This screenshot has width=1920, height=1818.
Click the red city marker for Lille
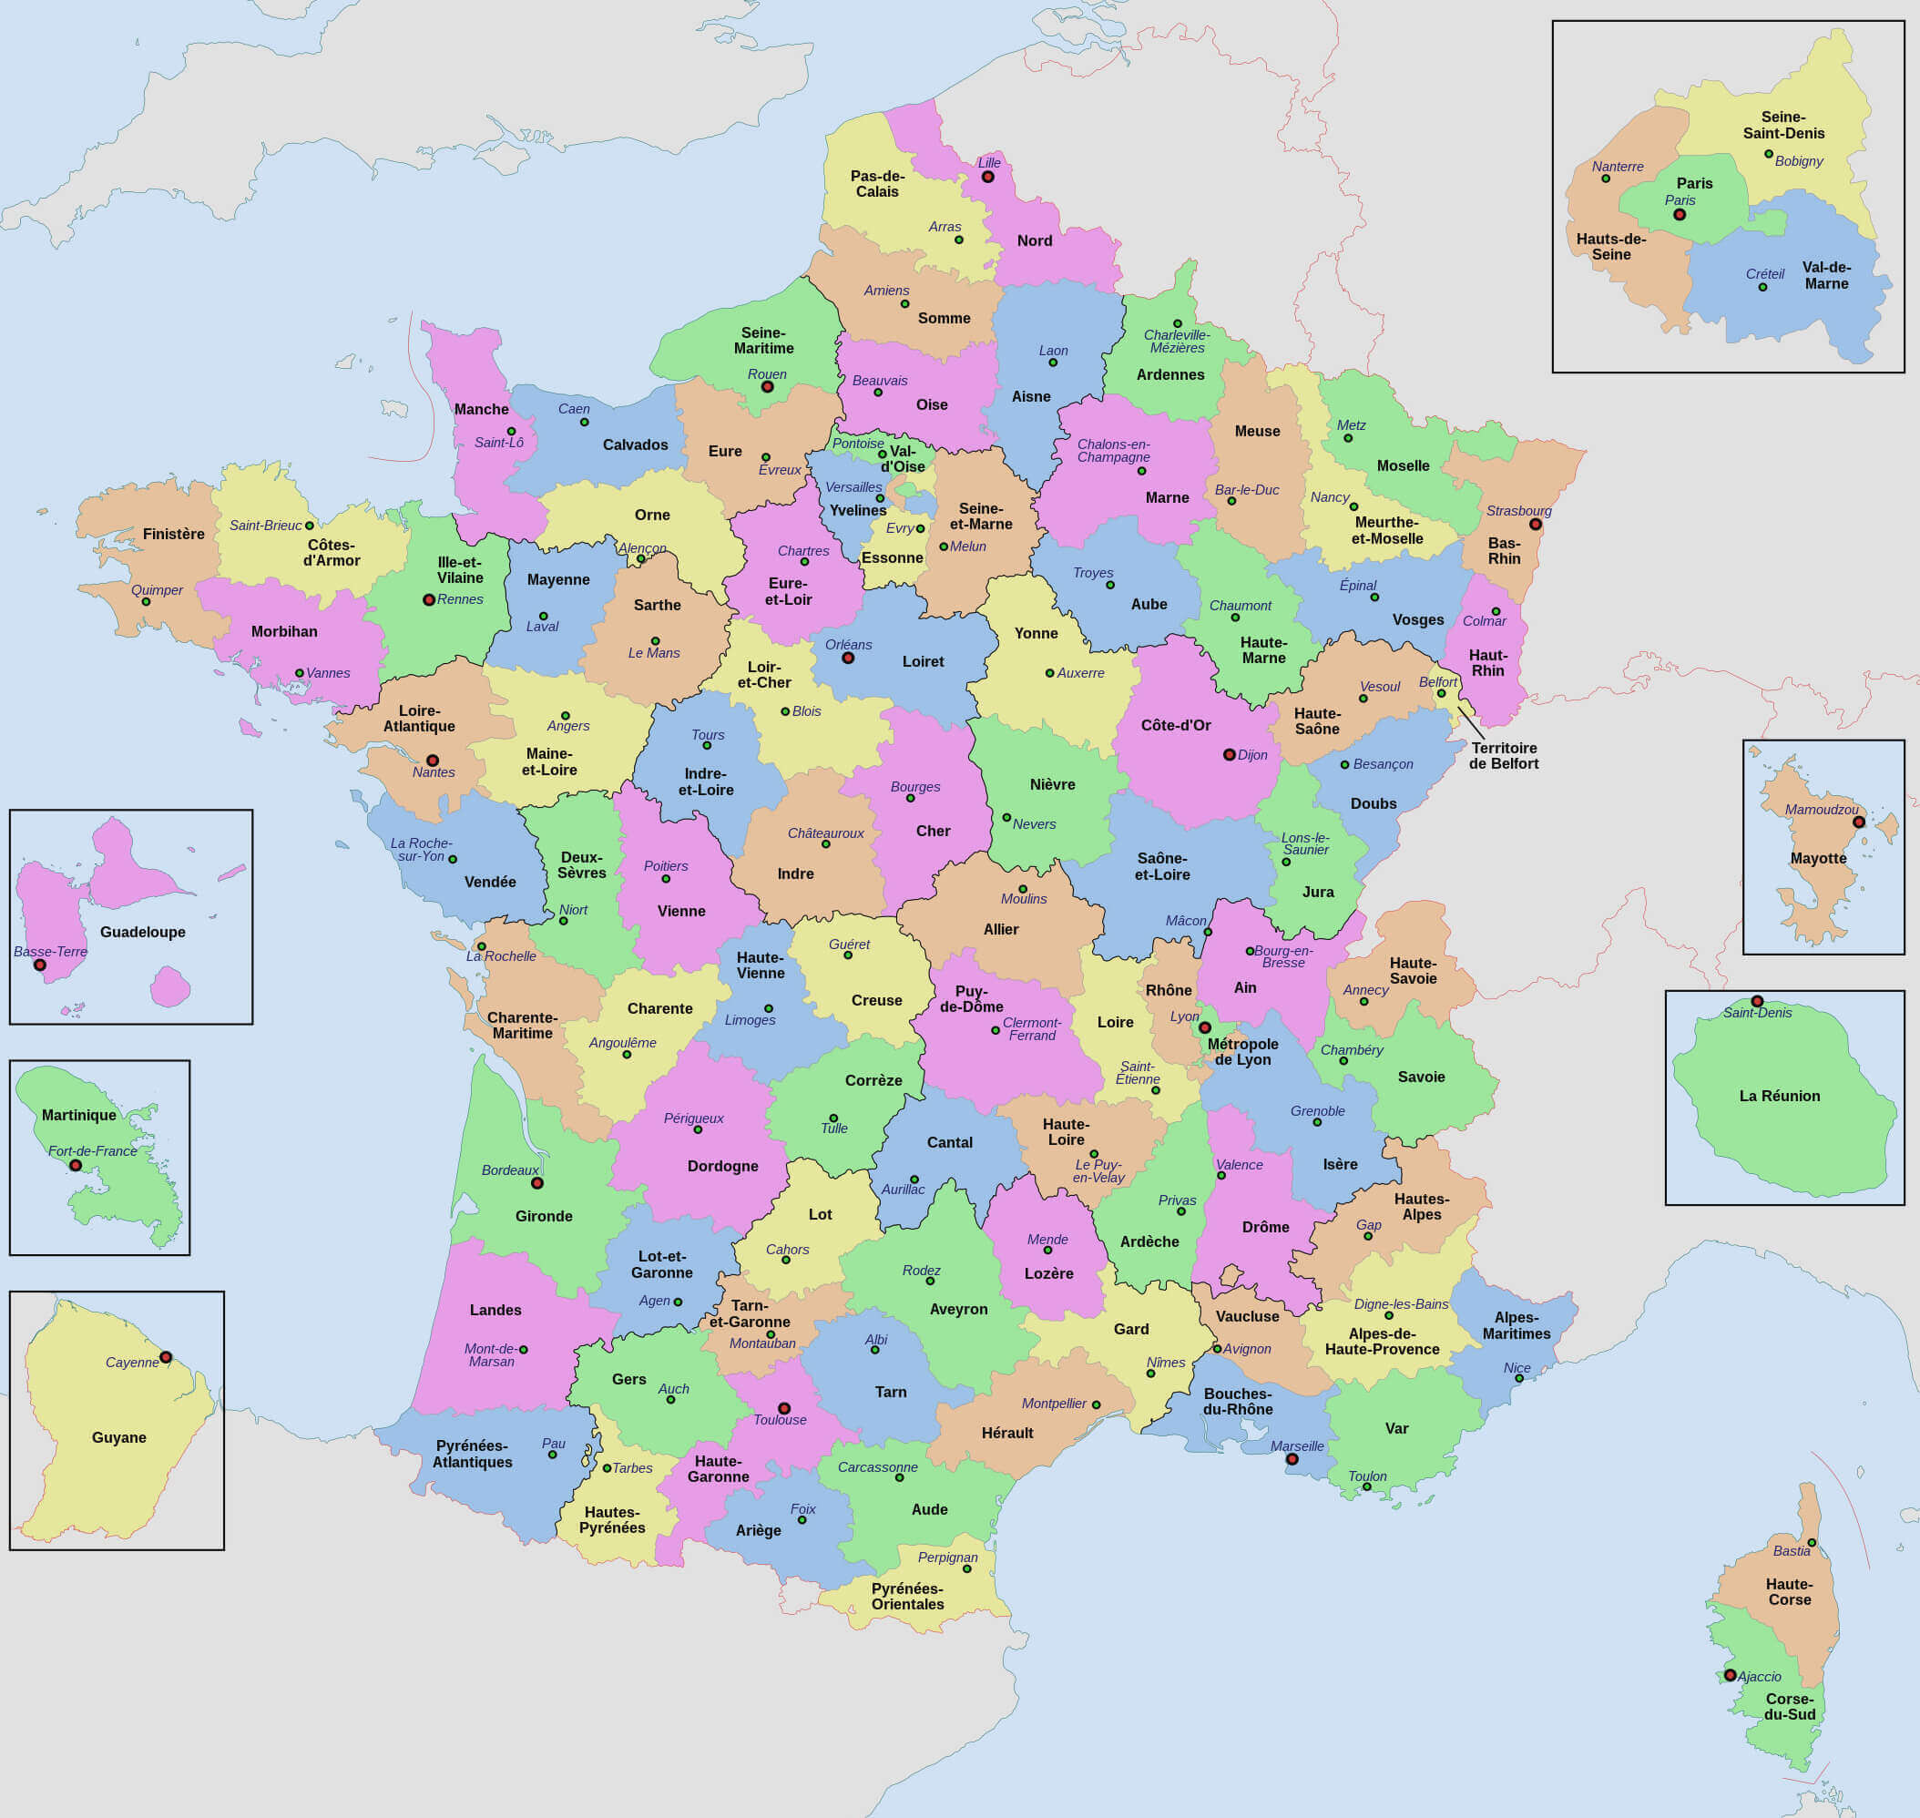pyautogui.click(x=987, y=177)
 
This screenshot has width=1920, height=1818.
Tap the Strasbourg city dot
pyautogui.click(x=1536, y=525)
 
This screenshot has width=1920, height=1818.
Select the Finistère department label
pyautogui.click(x=173, y=534)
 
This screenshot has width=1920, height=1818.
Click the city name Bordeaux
pyautogui.click(x=510, y=1169)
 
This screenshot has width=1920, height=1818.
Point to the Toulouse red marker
pyautogui.click(x=784, y=1408)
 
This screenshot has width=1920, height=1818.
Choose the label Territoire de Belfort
pyautogui.click(x=1503, y=756)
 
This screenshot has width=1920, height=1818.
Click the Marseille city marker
pyautogui.click(x=1292, y=1458)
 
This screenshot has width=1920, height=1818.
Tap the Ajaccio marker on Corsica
pyautogui.click(x=1730, y=1675)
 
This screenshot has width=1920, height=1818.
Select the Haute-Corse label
pyautogui.click(x=1789, y=1592)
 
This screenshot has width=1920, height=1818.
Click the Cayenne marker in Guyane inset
pyautogui.click(x=166, y=1357)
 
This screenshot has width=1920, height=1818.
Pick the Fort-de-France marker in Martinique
pyautogui.click(x=76, y=1165)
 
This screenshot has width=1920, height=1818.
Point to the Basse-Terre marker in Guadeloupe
pyautogui.click(x=40, y=965)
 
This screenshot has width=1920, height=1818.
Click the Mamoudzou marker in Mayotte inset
pyautogui.click(x=1859, y=822)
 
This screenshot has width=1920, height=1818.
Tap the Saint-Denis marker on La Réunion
pyautogui.click(x=1757, y=1001)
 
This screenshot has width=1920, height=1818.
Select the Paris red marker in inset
pyautogui.click(x=1680, y=214)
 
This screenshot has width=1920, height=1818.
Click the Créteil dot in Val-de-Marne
pyautogui.click(x=1763, y=287)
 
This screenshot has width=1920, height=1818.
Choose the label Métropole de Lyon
pyautogui.click(x=1242, y=1051)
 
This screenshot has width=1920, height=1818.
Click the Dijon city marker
pyautogui.click(x=1229, y=754)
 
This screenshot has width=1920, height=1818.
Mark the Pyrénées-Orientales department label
pyautogui.click(x=907, y=1596)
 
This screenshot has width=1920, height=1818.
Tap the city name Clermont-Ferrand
pyautogui.click(x=1032, y=1029)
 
